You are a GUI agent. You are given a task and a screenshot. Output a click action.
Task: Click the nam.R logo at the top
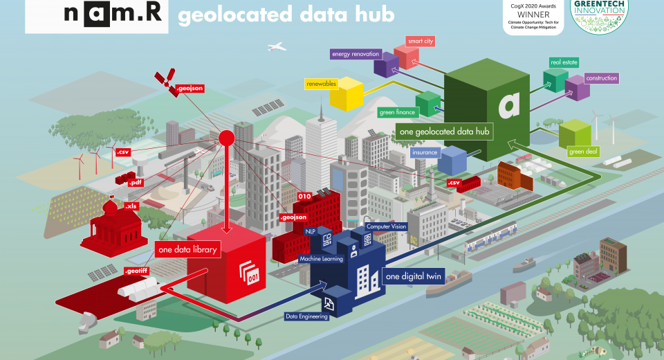(96, 16)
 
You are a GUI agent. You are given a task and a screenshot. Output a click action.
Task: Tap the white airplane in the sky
(276, 47)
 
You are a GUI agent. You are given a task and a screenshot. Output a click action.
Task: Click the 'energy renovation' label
(356, 53)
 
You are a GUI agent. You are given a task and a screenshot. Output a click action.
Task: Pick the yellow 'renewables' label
(321, 84)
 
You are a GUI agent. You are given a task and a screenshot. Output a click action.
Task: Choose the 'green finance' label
(396, 112)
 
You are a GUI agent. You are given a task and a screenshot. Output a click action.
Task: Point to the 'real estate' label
(564, 62)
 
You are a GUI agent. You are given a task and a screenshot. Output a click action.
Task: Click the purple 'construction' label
(601, 78)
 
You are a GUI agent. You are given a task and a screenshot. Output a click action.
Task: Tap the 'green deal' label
(582, 152)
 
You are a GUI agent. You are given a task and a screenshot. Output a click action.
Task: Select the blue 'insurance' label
(424, 152)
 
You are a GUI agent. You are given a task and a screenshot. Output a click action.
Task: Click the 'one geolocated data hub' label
(445, 132)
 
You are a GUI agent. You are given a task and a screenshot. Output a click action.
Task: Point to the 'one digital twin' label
(411, 276)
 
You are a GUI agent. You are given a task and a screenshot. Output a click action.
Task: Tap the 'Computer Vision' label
(386, 226)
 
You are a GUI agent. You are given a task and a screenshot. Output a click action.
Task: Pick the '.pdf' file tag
(136, 182)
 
